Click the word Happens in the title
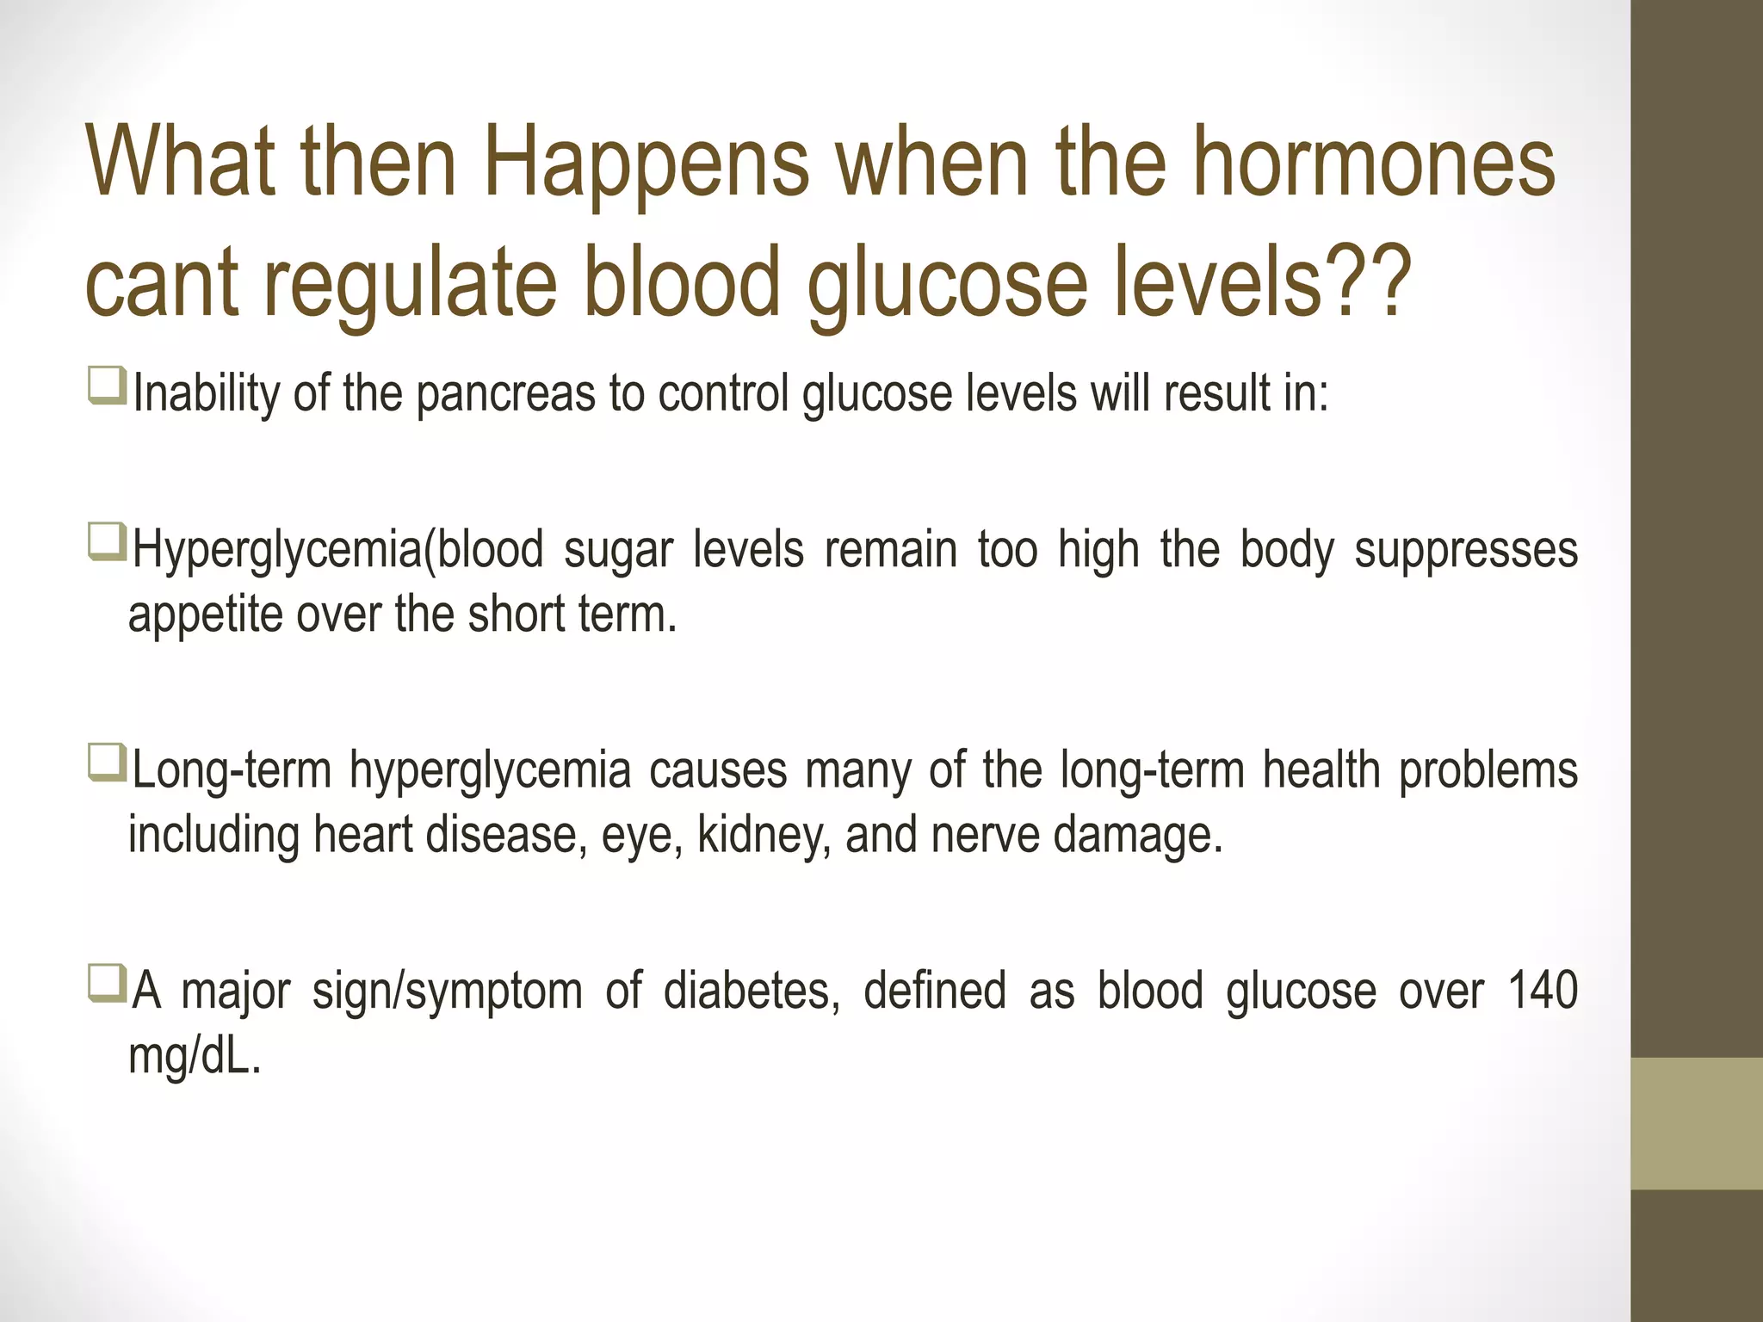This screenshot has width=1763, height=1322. [x=646, y=164]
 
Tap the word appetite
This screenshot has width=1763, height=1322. [x=205, y=616]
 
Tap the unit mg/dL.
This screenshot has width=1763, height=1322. [x=193, y=1057]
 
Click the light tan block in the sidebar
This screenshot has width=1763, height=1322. [x=1696, y=1123]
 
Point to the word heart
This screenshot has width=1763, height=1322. [x=362, y=836]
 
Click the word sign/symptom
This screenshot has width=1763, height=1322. [x=447, y=991]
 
